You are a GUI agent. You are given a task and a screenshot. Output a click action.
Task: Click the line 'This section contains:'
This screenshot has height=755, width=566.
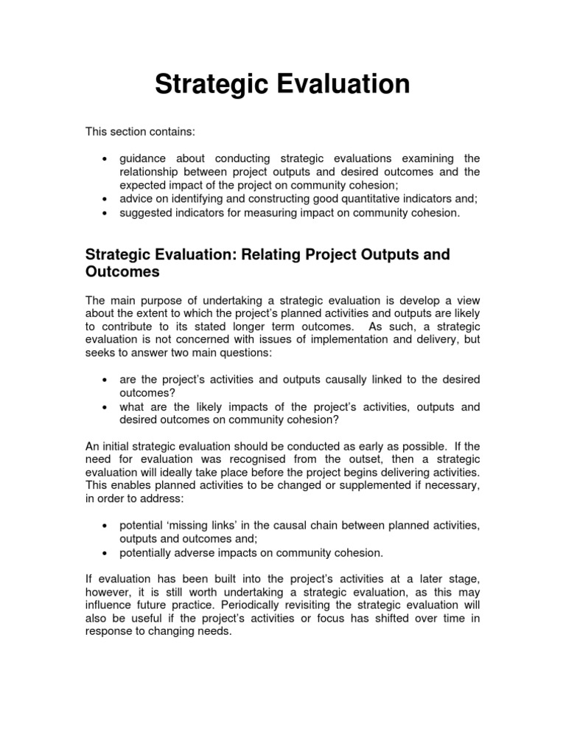click(140, 131)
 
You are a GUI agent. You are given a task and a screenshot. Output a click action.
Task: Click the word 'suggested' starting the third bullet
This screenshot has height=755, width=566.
click(144, 213)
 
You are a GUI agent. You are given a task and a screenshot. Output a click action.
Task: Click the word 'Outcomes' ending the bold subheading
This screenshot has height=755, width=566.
click(122, 272)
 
